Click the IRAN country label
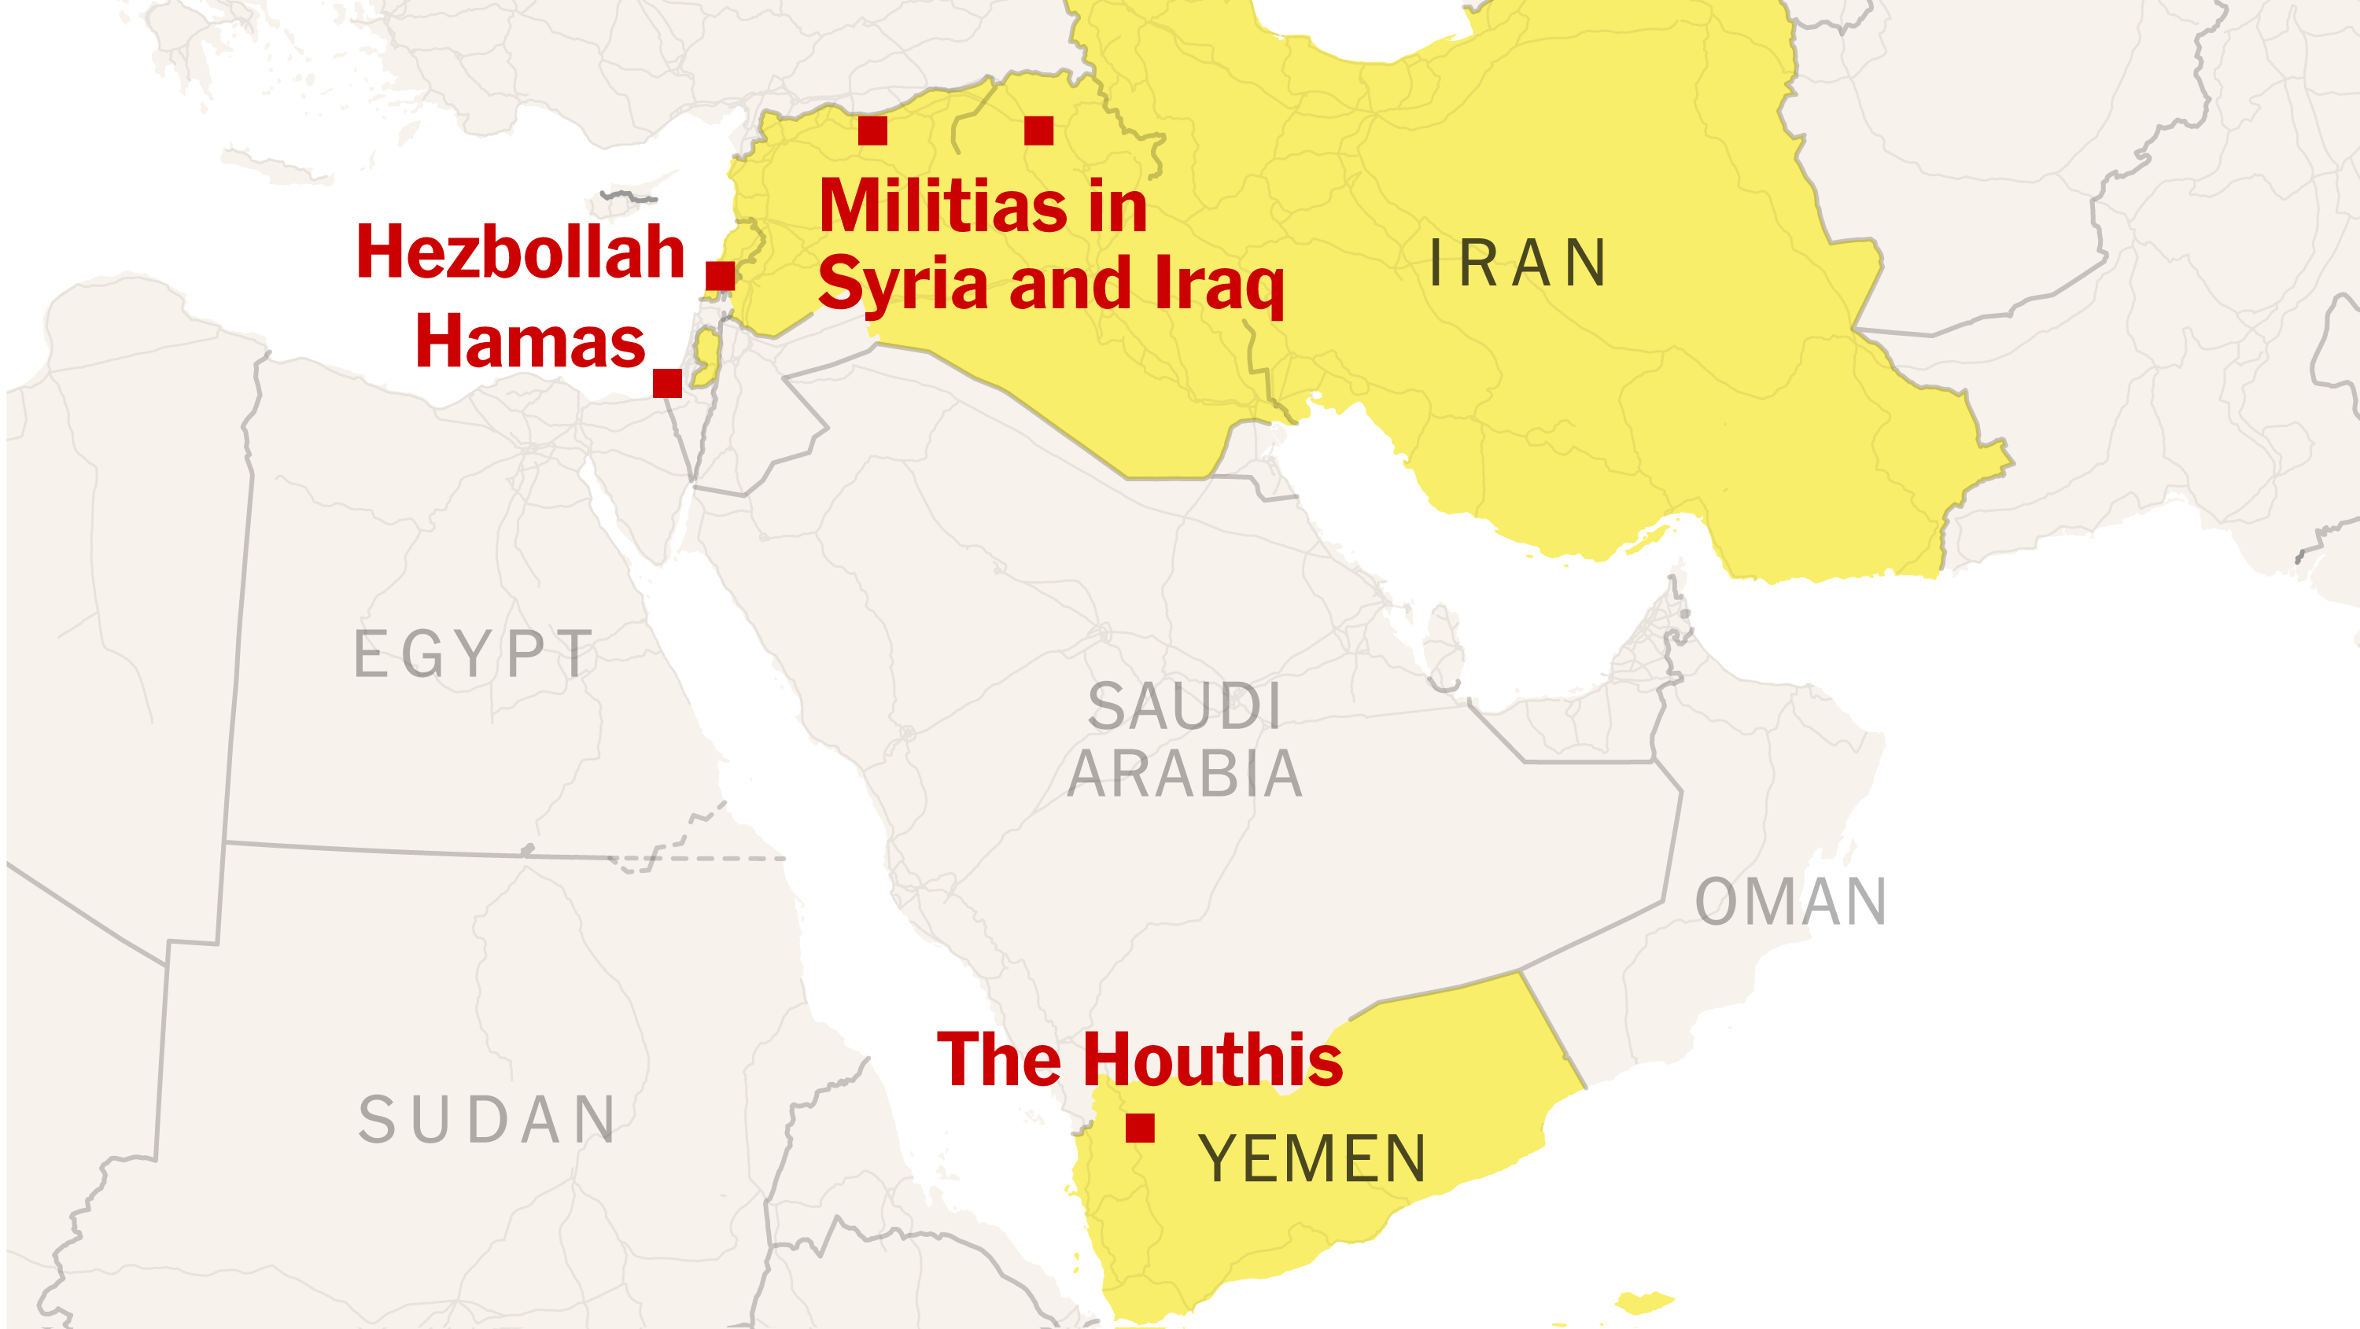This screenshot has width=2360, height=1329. click(x=1518, y=263)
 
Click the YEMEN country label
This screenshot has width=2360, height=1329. click(x=1312, y=1158)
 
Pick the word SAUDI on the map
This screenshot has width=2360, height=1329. click(x=1185, y=706)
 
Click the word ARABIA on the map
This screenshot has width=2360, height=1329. click(x=1185, y=774)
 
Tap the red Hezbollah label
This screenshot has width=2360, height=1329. click(x=520, y=252)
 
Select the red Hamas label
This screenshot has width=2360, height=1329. click(x=530, y=341)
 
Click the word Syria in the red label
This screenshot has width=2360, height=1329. click(x=902, y=284)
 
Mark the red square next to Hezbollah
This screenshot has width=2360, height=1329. click(x=720, y=274)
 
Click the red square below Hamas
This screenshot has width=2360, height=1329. click(x=667, y=383)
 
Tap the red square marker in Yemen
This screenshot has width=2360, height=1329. click(x=1140, y=1128)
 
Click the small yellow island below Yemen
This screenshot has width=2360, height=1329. click(x=1644, y=1301)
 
